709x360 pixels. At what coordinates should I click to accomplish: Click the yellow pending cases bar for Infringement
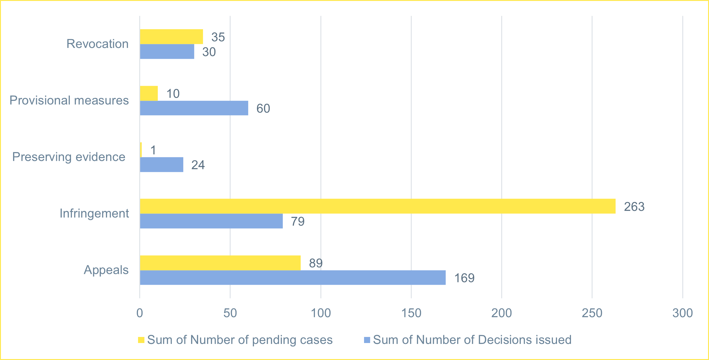pyautogui.click(x=378, y=206)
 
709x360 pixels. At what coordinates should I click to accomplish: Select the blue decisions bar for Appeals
pyautogui.click(x=293, y=278)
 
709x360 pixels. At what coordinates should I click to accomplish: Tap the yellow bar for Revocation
pyautogui.click(x=171, y=37)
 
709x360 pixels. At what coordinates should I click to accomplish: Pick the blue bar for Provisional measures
pyautogui.click(x=194, y=108)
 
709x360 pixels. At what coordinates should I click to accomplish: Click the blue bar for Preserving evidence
pyautogui.click(x=162, y=165)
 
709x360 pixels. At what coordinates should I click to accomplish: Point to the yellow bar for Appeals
pyautogui.click(x=220, y=263)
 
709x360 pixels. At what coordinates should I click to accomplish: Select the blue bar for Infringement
pyautogui.click(x=211, y=221)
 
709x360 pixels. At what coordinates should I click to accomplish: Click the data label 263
pyautogui.click(x=634, y=207)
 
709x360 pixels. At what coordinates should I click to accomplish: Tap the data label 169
pyautogui.click(x=464, y=278)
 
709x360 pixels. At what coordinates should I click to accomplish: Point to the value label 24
pyautogui.click(x=198, y=165)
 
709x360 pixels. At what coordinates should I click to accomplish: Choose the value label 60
pyautogui.click(x=263, y=109)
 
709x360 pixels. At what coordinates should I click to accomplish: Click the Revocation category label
pyautogui.click(x=97, y=44)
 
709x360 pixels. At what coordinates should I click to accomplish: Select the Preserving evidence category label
pyautogui.click(x=69, y=157)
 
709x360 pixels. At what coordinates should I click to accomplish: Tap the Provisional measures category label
pyautogui.click(x=69, y=100)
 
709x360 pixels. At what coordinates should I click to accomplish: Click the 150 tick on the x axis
pyautogui.click(x=411, y=313)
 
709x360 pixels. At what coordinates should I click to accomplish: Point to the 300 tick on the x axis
pyautogui.click(x=682, y=313)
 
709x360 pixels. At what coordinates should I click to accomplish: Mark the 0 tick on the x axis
pyautogui.click(x=140, y=313)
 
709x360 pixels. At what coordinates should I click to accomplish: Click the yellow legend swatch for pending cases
pyautogui.click(x=141, y=340)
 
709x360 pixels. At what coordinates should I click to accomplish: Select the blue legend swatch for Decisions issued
pyautogui.click(x=367, y=340)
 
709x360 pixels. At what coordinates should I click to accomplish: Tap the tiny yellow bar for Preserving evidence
pyautogui.click(x=141, y=150)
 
